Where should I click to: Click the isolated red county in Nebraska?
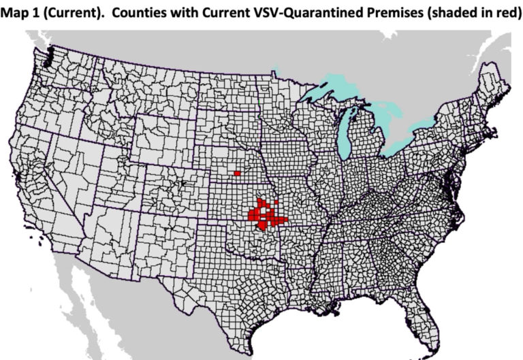point(237,174)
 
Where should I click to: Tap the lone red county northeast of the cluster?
point(279,202)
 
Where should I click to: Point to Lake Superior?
point(320,86)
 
